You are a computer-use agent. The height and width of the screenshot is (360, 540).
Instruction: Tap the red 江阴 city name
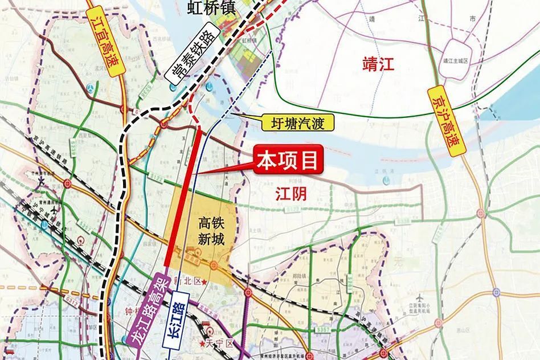point(291,194)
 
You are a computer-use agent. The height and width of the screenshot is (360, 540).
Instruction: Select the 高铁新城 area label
point(208,230)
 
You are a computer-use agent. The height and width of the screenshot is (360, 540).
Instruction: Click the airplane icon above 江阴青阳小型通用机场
point(420,298)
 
